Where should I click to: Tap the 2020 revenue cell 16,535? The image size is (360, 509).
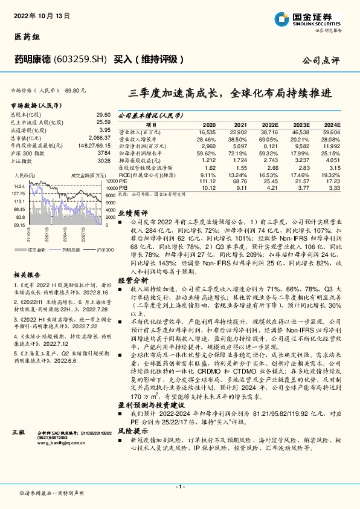tap(207, 131)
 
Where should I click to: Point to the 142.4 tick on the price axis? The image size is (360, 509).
tap(19, 186)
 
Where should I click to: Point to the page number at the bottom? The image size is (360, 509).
tap(179, 487)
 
